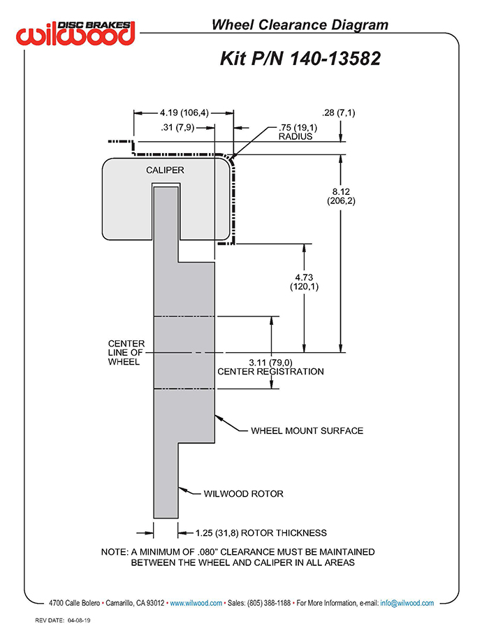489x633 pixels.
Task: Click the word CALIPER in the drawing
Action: click(x=165, y=170)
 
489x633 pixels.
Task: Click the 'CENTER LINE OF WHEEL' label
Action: click(x=126, y=352)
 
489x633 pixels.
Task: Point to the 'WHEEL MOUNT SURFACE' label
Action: click(x=307, y=430)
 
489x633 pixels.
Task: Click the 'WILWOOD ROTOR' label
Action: click(x=243, y=493)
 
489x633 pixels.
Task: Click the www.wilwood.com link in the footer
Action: click(x=196, y=603)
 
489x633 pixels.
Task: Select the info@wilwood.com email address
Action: click(x=407, y=603)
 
